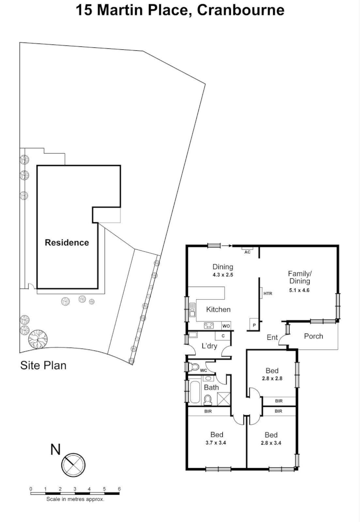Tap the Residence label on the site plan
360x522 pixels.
[x=67, y=243]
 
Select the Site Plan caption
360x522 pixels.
[x=43, y=365]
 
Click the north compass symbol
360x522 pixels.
[x=73, y=464]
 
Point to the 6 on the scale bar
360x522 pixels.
[x=119, y=489]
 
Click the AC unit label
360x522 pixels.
[x=247, y=252]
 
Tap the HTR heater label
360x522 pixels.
[x=267, y=293]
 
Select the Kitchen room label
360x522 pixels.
[x=218, y=309]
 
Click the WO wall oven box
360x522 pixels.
[x=226, y=326]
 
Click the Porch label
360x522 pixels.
[x=313, y=336]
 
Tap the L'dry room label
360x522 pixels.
[x=210, y=346]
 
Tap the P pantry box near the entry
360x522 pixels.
[x=253, y=325]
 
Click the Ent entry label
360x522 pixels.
[x=272, y=337]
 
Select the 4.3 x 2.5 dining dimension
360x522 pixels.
[x=223, y=275]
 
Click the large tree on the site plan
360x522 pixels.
[x=37, y=339]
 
